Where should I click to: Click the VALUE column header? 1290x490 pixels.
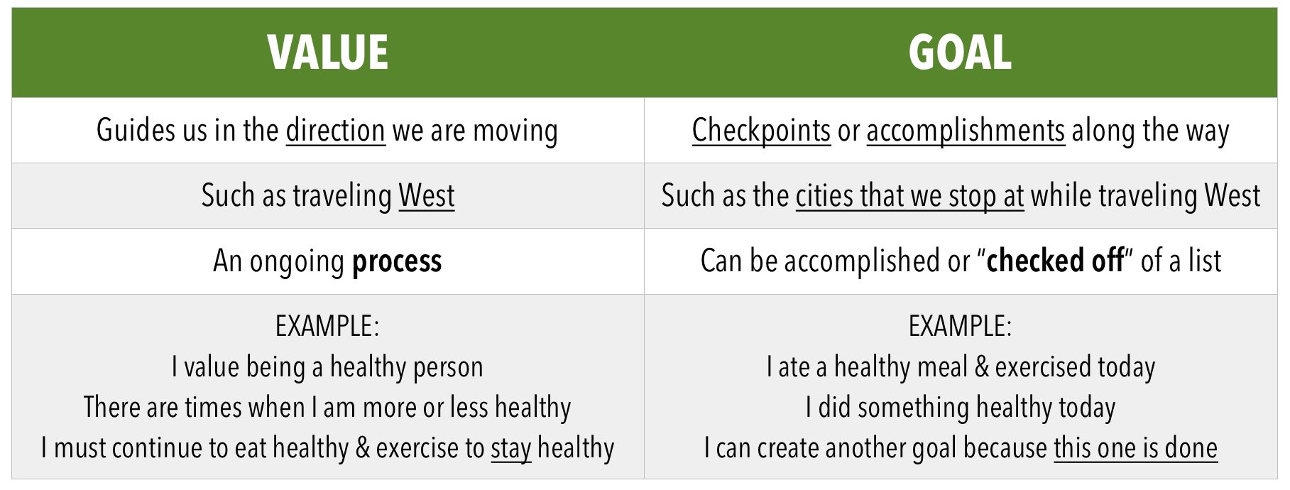tap(328, 53)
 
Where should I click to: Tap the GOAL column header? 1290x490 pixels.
tap(960, 53)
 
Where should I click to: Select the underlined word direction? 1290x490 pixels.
tap(335, 131)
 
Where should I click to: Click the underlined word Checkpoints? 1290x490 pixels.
tap(761, 131)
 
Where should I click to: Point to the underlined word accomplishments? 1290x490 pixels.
tap(966, 131)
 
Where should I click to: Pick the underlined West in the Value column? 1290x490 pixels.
tap(427, 196)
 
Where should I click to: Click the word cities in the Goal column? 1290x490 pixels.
tap(824, 196)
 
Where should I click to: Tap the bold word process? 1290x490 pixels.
tap(397, 262)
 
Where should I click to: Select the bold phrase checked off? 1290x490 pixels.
tap(1055, 261)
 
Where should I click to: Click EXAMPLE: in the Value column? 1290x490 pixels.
tap(327, 327)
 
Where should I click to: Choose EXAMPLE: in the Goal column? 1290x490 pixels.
tap(960, 327)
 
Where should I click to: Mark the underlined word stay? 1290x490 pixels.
tap(510, 449)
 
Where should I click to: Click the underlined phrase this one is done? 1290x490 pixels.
tap(1135, 449)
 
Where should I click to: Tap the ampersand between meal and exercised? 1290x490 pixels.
tap(982, 367)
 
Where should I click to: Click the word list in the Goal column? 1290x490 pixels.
tap(1204, 261)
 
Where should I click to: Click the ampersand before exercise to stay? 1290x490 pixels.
tap(363, 449)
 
